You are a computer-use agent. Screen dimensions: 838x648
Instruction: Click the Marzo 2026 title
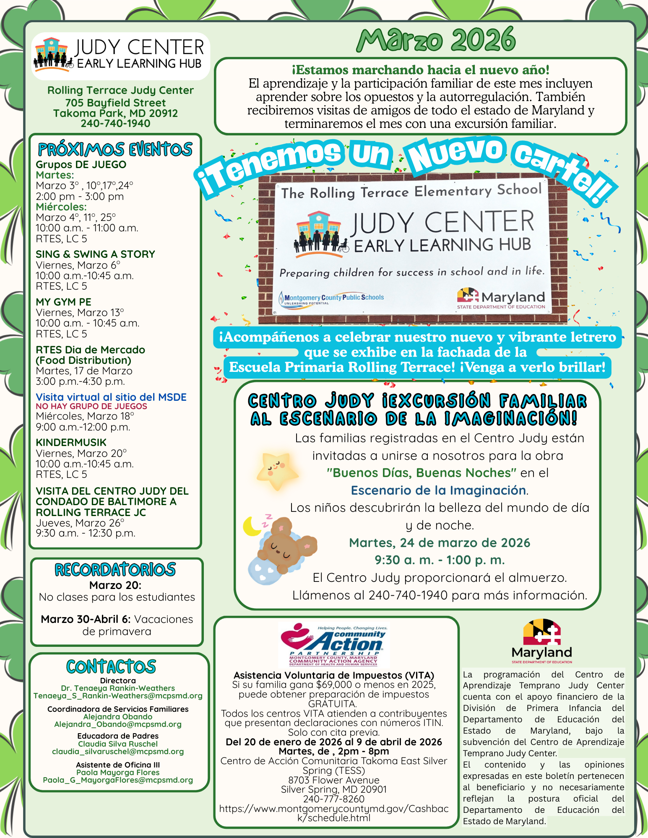(x=436, y=40)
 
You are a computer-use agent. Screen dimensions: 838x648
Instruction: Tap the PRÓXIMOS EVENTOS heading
(x=115, y=150)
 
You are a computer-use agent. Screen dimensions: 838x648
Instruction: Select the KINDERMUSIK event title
(x=71, y=442)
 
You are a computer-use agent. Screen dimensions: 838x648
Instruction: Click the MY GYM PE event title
(x=63, y=302)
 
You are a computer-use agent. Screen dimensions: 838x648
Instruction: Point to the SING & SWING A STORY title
(x=95, y=254)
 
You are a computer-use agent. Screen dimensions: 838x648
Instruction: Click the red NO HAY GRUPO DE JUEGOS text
(x=91, y=406)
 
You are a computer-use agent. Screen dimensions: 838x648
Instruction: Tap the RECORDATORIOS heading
(x=115, y=569)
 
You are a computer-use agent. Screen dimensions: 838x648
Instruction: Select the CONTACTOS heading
(x=111, y=667)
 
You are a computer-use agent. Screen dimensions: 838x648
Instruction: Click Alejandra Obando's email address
(x=118, y=724)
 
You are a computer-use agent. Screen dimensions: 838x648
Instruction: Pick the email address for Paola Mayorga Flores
(x=118, y=780)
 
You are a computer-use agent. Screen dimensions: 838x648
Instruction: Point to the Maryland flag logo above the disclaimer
(x=541, y=633)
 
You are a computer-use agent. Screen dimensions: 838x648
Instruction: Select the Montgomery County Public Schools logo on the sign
(x=331, y=298)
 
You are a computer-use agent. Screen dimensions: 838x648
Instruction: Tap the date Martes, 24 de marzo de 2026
(x=440, y=543)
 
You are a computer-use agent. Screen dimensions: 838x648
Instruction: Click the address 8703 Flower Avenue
(x=334, y=780)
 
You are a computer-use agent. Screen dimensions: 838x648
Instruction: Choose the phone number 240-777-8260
(x=334, y=799)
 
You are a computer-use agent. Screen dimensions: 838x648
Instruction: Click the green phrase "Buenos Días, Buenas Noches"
(x=422, y=473)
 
